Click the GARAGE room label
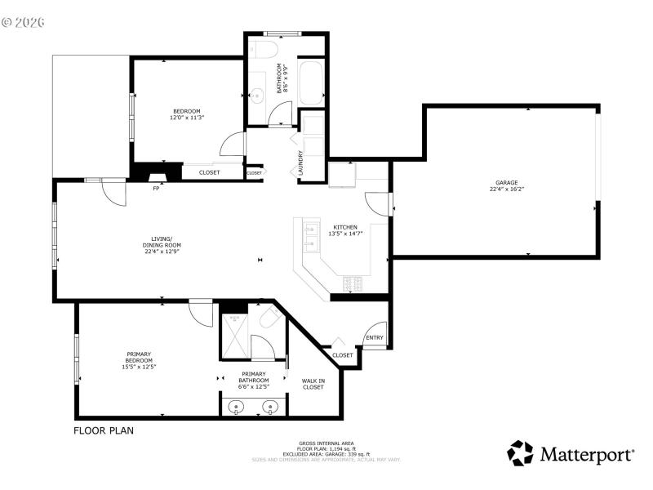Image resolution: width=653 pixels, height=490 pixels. [506, 183]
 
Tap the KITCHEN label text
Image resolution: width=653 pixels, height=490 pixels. [344, 227]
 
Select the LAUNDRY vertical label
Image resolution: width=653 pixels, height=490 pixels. [301, 163]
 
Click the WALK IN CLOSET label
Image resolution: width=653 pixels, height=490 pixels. [313, 384]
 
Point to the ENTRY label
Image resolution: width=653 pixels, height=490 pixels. [375, 338]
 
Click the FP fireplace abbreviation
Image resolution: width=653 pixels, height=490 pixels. [156, 189]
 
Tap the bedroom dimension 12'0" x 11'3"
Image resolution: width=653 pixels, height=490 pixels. [186, 118]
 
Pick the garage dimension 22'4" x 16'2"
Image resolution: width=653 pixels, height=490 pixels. [506, 189]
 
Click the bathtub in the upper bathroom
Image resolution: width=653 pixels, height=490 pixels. [310, 82]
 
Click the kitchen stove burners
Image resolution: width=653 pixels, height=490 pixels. [353, 283]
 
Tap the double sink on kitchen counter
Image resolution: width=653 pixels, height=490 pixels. [310, 237]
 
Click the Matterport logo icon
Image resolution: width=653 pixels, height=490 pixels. [520, 453]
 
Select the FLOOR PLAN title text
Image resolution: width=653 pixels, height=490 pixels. [104, 430]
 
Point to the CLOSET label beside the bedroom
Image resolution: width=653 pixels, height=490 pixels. [209, 172]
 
